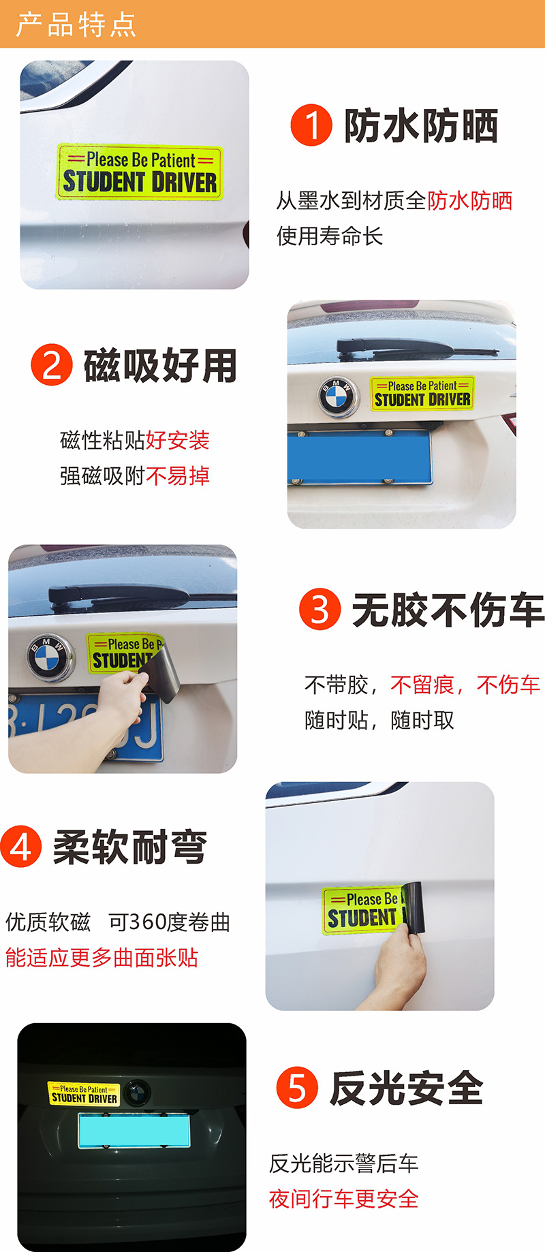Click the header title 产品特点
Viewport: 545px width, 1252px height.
(76, 25)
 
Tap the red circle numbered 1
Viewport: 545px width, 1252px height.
(311, 125)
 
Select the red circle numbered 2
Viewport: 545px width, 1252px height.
(52, 365)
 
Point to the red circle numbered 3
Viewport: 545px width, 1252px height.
(320, 609)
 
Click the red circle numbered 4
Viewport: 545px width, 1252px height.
(21, 847)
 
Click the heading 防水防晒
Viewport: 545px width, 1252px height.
(421, 126)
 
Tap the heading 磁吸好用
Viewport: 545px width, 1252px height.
(160, 366)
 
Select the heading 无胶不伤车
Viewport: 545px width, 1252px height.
(448, 610)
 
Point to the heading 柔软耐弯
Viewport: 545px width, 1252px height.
(130, 847)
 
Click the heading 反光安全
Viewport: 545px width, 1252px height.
(407, 1088)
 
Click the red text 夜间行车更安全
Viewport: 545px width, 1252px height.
(343, 1199)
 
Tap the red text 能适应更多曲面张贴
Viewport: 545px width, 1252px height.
(102, 958)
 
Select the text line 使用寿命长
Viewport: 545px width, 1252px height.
(330, 236)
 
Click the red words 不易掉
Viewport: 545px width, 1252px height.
(177, 475)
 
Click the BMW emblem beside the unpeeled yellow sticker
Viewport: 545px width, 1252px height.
(338, 396)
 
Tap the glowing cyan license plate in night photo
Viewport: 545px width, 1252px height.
(136, 1131)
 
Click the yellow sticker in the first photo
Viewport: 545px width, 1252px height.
(140, 172)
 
